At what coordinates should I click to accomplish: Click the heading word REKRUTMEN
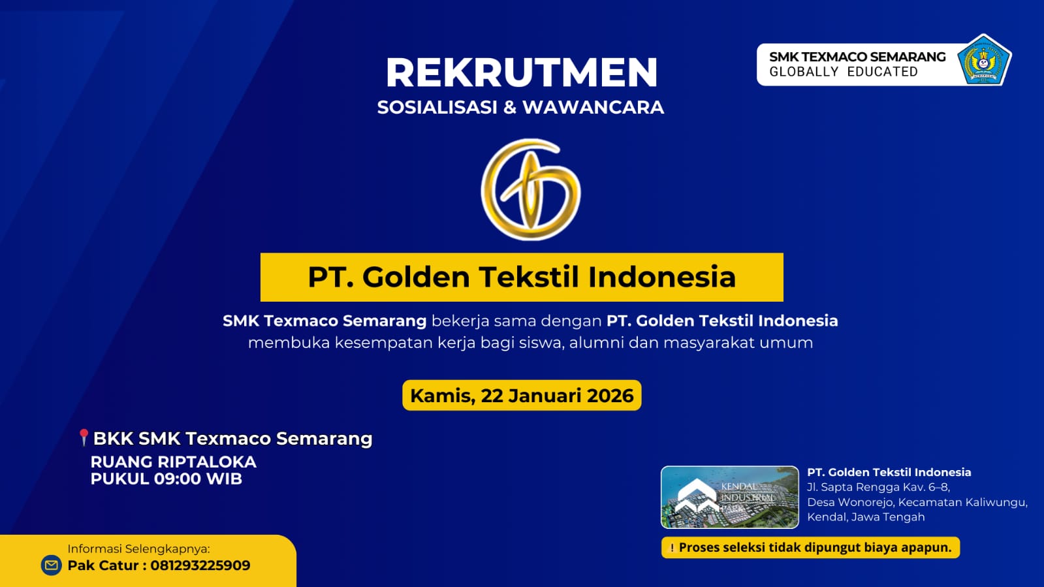point(521,72)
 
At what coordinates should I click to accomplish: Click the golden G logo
point(530,189)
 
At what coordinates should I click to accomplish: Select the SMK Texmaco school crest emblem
point(984,61)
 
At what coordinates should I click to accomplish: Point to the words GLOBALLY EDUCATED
point(843,72)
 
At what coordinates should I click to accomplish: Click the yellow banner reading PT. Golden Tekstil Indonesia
point(522,277)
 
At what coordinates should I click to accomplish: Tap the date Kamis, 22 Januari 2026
point(522,396)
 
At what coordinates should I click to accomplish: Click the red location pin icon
point(84,437)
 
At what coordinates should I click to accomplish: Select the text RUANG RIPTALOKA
point(173,462)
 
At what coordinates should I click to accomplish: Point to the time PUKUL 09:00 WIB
point(166,479)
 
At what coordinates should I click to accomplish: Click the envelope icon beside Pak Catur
point(52,565)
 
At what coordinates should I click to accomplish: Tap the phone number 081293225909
point(200,565)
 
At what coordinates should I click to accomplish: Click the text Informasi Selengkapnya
point(138,548)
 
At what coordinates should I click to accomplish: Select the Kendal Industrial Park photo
point(729,497)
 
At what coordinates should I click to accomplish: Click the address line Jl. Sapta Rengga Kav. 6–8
point(878,487)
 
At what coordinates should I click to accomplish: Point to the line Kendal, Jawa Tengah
point(866,517)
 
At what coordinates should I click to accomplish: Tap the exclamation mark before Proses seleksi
point(672,548)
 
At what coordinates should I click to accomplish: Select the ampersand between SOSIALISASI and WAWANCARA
point(510,107)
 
